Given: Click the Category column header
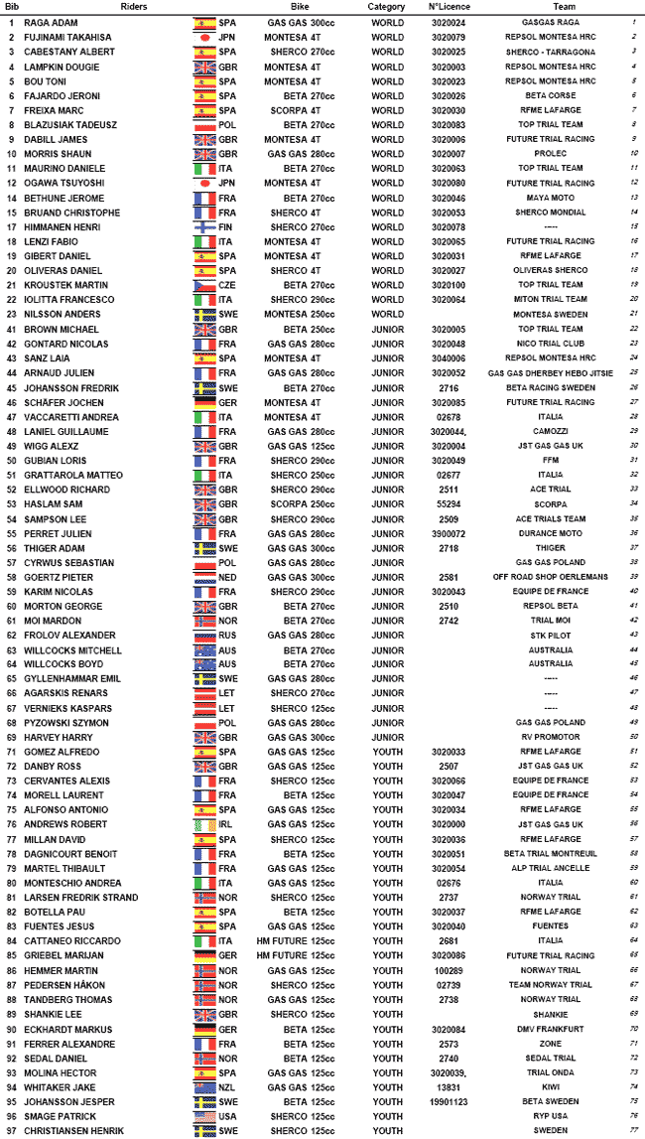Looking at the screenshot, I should point(386,6).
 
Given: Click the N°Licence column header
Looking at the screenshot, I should point(448,6).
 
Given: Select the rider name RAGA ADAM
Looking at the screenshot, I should point(52,21).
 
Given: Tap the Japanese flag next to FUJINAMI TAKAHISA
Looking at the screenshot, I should point(203,37).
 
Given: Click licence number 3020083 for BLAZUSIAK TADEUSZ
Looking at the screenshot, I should point(449,125).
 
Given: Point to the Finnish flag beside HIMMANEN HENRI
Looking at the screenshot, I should point(203,227).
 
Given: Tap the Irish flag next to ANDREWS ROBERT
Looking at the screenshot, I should point(203,825).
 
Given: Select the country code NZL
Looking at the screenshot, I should point(227,1087).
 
